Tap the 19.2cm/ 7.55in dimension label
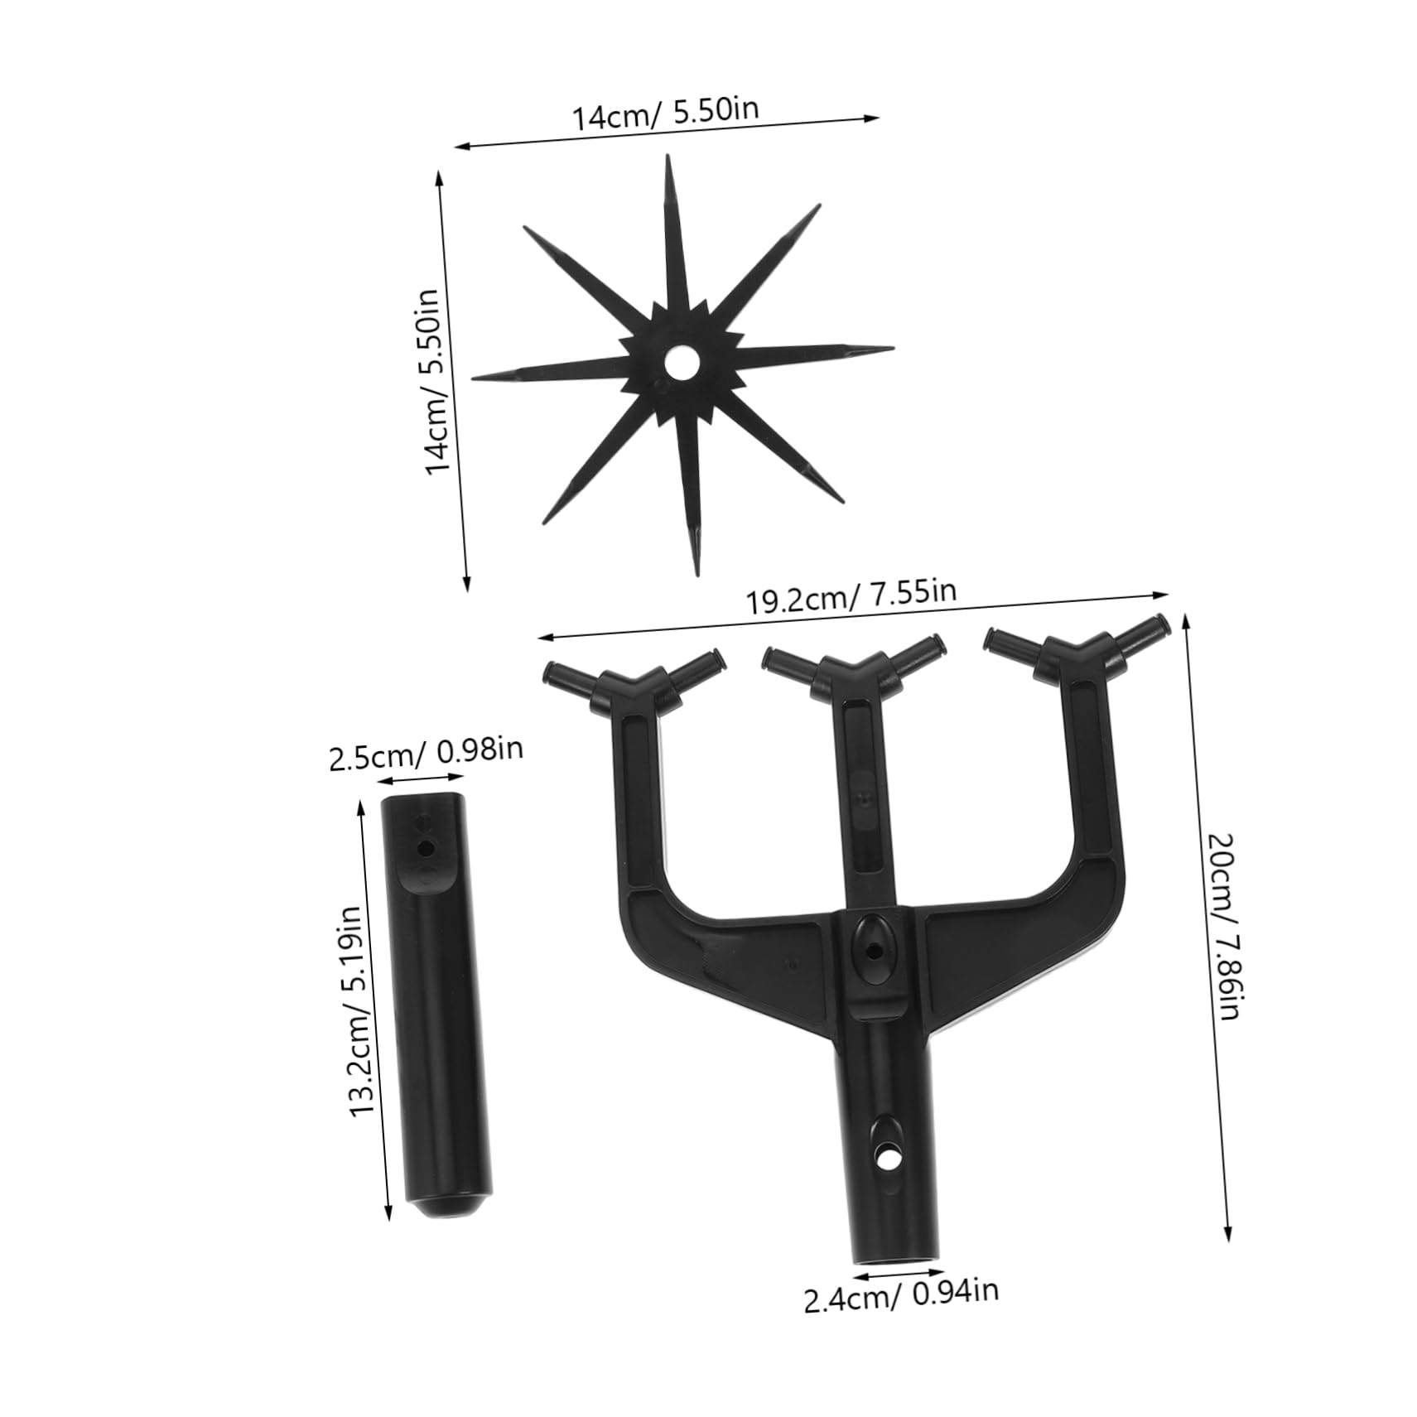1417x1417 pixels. click(x=851, y=595)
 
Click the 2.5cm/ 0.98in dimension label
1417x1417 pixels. click(x=426, y=753)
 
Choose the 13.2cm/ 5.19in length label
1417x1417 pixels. click(x=355, y=1011)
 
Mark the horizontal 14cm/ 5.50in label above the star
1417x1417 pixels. click(x=666, y=113)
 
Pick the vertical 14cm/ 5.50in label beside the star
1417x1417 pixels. click(x=436, y=380)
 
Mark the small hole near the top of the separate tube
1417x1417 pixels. click(x=426, y=848)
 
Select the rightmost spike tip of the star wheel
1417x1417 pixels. click(x=891, y=349)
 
